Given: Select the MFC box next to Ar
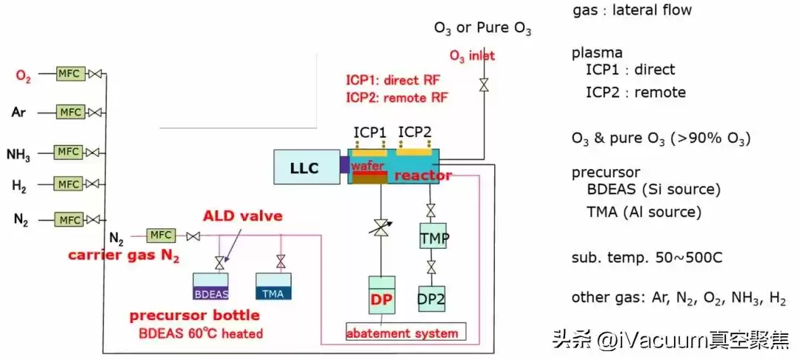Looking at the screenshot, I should [x=70, y=113].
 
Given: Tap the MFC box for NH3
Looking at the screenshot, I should [x=70, y=153].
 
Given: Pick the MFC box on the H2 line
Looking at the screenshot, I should [x=70, y=184].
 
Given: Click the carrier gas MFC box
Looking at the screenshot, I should [x=161, y=236].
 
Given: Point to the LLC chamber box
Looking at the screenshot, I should [x=306, y=167].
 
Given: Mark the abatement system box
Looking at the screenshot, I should [x=406, y=333].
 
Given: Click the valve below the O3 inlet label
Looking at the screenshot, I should [x=484, y=85].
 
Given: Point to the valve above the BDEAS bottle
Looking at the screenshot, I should [x=219, y=262].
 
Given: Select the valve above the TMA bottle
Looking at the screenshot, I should [x=281, y=261].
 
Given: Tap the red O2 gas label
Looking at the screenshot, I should [x=24, y=75].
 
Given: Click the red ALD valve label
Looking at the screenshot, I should [x=243, y=216].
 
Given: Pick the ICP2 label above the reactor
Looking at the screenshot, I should [x=415, y=132].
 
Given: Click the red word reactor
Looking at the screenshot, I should [x=422, y=176].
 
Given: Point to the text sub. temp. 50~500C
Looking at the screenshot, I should [x=647, y=259].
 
